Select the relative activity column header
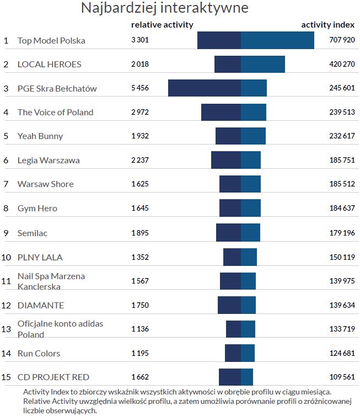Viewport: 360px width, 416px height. pyautogui.click(x=162, y=25)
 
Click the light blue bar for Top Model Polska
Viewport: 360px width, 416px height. pyautogui.click(x=277, y=40)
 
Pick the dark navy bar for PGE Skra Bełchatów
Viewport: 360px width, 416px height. pyautogui.click(x=205, y=88)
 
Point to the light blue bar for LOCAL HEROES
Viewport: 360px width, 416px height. pyautogui.click(x=262, y=64)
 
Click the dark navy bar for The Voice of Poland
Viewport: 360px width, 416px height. pyautogui.click(x=221, y=112)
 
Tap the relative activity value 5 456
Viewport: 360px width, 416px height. pyautogui.click(x=140, y=88)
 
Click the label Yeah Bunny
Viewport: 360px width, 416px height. pyautogui.click(x=40, y=136)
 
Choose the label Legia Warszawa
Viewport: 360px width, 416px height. pyautogui.click(x=49, y=160)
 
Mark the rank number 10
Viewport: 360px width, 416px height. pyautogui.click(x=6, y=257)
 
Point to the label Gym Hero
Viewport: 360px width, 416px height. pyautogui.click(x=37, y=208)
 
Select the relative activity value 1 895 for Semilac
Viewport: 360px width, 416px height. pyautogui.click(x=140, y=233)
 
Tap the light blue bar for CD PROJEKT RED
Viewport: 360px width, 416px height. pyautogui.click(x=247, y=377)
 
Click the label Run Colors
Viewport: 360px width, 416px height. pyautogui.click(x=39, y=353)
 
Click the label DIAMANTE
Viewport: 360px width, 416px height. pyautogui.click(x=41, y=305)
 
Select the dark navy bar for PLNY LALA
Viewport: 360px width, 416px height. pyautogui.click(x=232, y=257)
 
